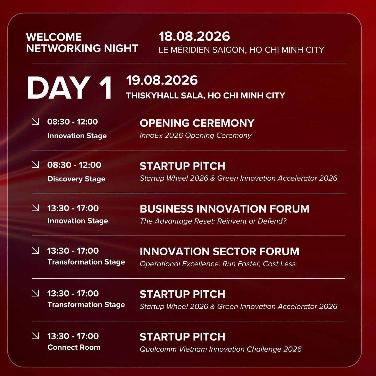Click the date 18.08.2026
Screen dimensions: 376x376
[x=194, y=37]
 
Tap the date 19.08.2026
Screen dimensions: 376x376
[x=162, y=80]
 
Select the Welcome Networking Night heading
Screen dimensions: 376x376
[x=82, y=43]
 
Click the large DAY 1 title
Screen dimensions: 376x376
[x=70, y=88]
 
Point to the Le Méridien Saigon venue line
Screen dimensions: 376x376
[x=241, y=50]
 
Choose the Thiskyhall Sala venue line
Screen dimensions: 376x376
[x=206, y=95]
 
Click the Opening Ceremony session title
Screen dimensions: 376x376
[x=197, y=123]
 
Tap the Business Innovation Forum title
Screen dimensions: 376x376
[x=225, y=209]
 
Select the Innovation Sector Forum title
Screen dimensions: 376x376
[x=220, y=251]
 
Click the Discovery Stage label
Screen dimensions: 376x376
[x=77, y=179]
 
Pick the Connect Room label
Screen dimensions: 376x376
[x=74, y=347]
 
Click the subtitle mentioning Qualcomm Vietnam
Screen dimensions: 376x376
[x=221, y=349]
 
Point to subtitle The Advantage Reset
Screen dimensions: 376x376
[x=213, y=221]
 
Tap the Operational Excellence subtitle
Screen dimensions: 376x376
[x=218, y=264]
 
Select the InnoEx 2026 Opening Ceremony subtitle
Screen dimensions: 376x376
[x=196, y=136]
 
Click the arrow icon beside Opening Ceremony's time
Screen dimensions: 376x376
[x=36, y=122]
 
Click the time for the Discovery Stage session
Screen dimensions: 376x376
[x=74, y=165]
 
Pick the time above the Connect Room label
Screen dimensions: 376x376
[x=73, y=336]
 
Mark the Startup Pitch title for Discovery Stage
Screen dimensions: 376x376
[x=183, y=166]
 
